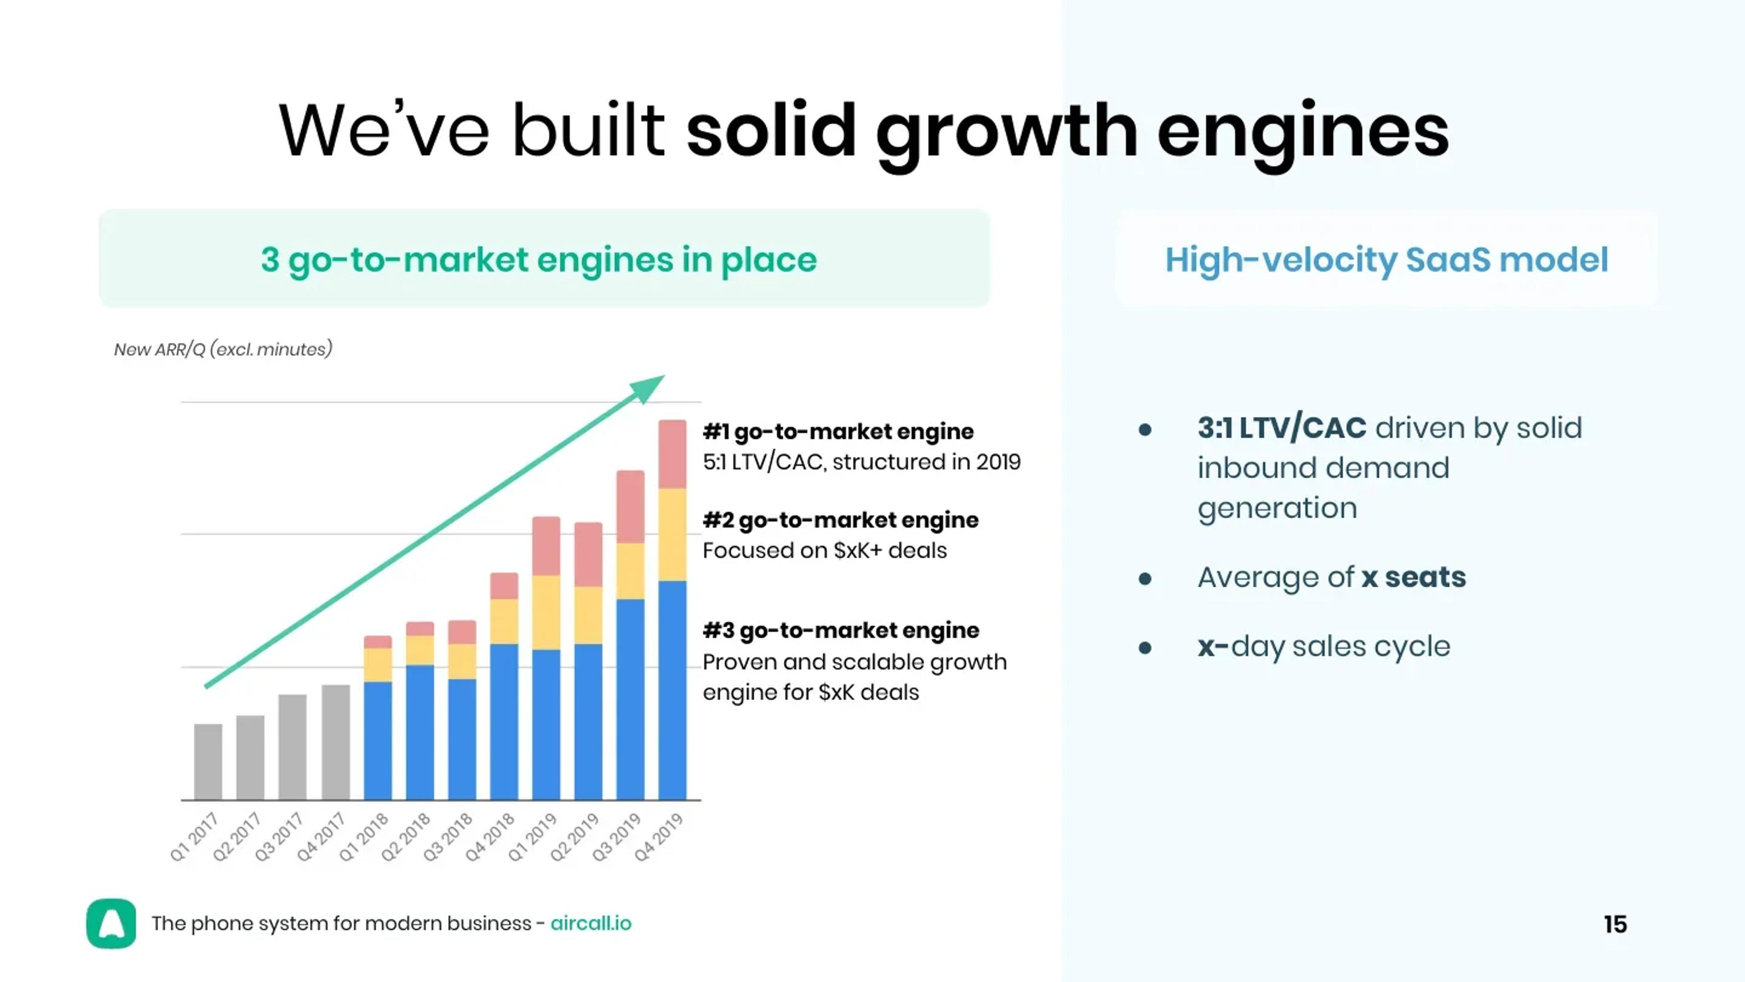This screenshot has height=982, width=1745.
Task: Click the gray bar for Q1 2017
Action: pos(208,762)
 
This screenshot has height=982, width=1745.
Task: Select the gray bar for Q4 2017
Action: pos(335,742)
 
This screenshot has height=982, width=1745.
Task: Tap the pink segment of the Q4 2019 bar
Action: pos(672,454)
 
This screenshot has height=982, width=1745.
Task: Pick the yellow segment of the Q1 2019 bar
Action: pos(546,612)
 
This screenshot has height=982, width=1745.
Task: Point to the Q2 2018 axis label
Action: pos(406,837)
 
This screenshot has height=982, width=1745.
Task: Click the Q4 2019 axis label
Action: pos(659,837)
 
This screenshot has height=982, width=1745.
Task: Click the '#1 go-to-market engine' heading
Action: pos(838,432)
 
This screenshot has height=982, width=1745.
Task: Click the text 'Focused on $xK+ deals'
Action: pos(824,550)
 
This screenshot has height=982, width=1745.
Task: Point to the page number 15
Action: pos(1615,924)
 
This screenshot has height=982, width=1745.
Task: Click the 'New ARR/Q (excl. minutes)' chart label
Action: pos(223,350)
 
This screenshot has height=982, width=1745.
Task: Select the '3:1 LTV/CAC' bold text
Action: pos(1281,428)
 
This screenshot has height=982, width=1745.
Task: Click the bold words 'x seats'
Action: pos(1414,577)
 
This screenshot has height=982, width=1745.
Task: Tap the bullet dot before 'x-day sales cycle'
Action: pos(1145,648)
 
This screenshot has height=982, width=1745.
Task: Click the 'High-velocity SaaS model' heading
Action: pos(1386,260)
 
